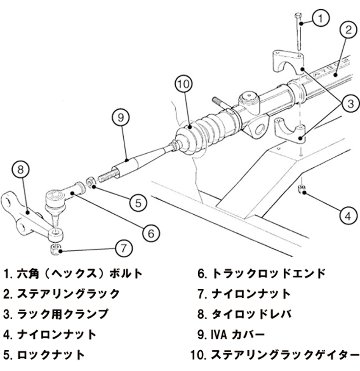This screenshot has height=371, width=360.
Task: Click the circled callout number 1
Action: click(320, 19)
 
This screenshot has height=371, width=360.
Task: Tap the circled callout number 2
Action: click(348, 30)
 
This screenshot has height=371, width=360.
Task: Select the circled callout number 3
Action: click(350, 104)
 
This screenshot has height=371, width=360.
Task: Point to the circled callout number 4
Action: click(348, 217)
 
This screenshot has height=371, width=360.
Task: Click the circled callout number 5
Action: click(138, 202)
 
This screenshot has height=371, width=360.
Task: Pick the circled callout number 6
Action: click(151, 233)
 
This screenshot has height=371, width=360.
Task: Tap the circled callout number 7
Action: click(123, 248)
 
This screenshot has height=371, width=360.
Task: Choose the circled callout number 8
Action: click(21, 170)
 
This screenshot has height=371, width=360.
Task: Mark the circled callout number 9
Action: click(121, 117)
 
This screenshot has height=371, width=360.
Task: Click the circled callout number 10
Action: click(184, 84)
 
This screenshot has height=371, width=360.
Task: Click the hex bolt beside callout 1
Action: click(298, 32)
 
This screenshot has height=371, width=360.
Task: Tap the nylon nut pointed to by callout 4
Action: click(302, 190)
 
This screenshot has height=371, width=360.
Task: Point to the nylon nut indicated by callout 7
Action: click(55, 249)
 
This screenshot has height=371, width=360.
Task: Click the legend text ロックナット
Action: click(51, 354)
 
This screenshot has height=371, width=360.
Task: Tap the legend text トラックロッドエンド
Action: click(268, 274)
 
